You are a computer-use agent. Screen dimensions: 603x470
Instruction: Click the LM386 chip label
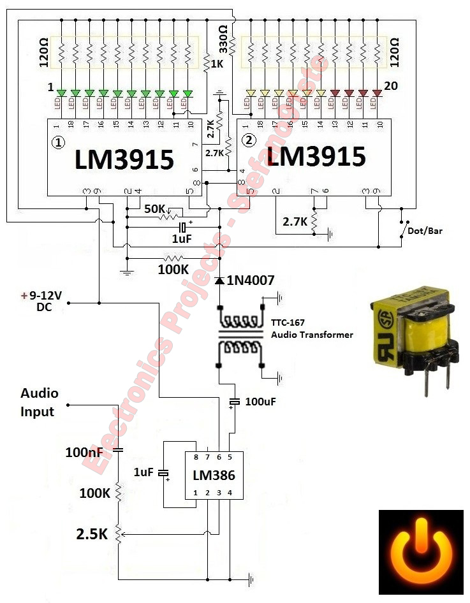coord(214,475)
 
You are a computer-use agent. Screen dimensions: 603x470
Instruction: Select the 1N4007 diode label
coord(249,280)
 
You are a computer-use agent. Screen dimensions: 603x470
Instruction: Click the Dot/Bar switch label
coord(427,231)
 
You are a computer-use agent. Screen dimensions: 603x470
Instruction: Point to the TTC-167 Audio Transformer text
coord(312,329)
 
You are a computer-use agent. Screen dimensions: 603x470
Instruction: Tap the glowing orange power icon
coord(422,552)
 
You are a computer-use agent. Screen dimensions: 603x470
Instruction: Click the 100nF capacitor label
coord(84,453)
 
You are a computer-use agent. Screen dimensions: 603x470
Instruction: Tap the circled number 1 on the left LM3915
coord(58,143)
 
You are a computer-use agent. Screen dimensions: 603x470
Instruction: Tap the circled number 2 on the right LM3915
coord(250,140)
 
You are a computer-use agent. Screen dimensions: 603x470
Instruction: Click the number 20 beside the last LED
coord(391,85)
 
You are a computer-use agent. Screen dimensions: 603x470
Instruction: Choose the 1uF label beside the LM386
coord(144,472)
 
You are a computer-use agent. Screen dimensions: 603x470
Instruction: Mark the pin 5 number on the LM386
coord(230,457)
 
